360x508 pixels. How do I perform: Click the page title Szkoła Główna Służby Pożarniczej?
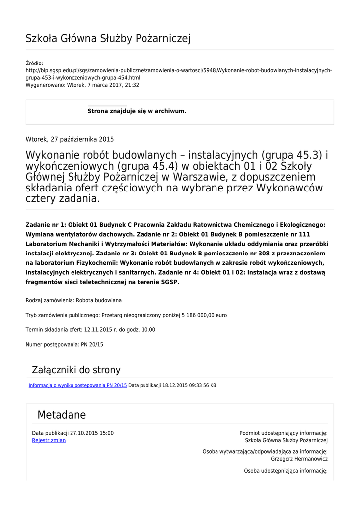pos(108,39)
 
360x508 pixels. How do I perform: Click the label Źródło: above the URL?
pos(34,63)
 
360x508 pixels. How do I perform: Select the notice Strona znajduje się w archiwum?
pos(137,111)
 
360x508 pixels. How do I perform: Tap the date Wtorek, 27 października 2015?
pos(70,139)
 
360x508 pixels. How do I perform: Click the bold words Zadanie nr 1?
pos(45,225)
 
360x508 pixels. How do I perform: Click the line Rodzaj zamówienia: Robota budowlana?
pos(73,300)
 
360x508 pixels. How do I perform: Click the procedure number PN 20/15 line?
pos(64,344)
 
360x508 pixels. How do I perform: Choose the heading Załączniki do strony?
pos(76,370)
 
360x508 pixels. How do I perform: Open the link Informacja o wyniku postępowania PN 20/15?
pos(77,385)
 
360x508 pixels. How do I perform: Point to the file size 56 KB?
pos(209,385)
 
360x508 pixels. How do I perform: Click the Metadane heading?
pos(62,415)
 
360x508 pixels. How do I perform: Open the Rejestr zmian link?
pos(49,440)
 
